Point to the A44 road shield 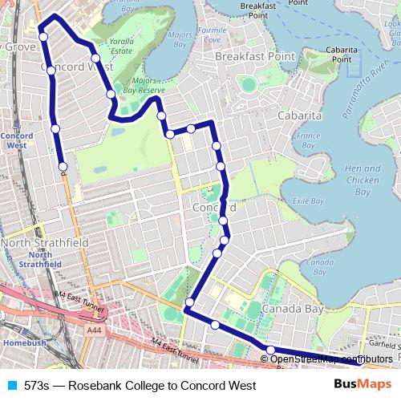(x=95, y=329)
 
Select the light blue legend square (x=11, y=386)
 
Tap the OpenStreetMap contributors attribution (x=330, y=358)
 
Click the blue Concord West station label (x=17, y=141)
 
